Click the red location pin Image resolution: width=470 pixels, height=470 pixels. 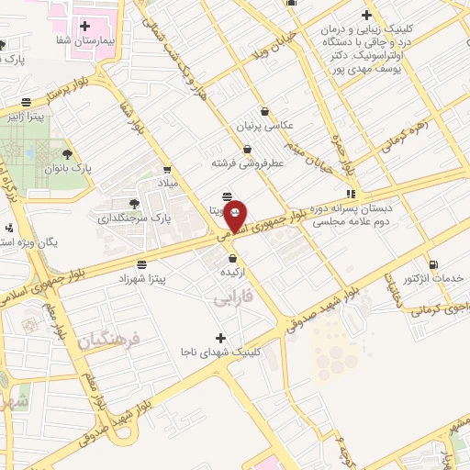click(x=236, y=215)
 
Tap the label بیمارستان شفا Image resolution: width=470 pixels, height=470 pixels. click(x=84, y=42)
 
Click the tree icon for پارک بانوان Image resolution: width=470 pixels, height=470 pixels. click(x=67, y=154)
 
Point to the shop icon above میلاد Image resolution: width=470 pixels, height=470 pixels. click(x=166, y=169)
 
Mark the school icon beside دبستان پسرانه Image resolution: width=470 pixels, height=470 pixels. click(x=351, y=194)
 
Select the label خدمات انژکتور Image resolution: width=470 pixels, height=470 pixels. click(x=433, y=277)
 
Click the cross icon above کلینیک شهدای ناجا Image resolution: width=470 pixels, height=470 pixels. click(x=219, y=338)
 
